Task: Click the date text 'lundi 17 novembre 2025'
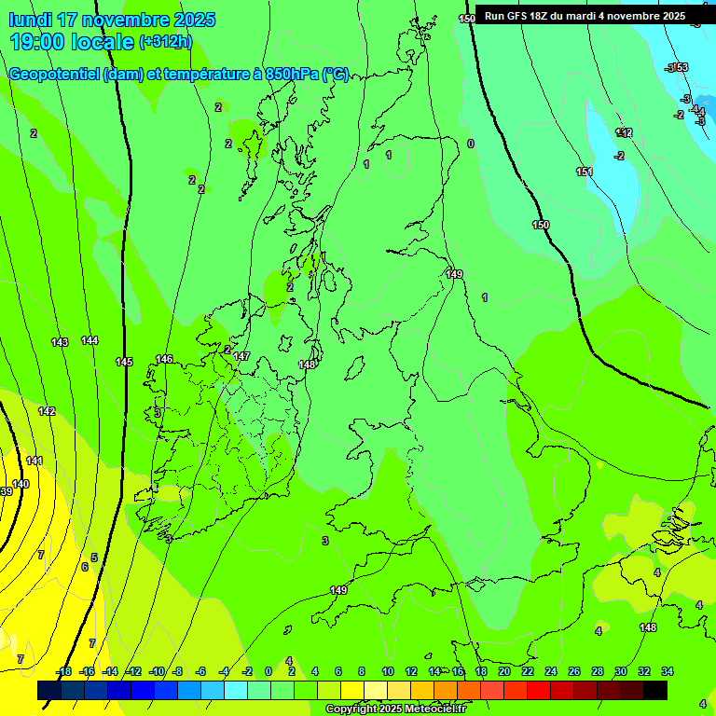pos(112,20)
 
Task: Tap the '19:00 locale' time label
pos(72,41)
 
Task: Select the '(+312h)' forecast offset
pos(166,42)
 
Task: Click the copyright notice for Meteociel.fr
pos(395,709)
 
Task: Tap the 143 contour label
pos(60,342)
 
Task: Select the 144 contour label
pos(89,340)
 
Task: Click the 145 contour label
pos(124,362)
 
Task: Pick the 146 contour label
pos(164,359)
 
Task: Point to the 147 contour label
pos(241,356)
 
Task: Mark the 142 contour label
pos(47,411)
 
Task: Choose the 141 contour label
pos(34,461)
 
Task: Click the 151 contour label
pos(585,172)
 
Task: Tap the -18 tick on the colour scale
pos(63,671)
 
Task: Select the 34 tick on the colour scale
pos(668,671)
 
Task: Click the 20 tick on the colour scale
pos(503,671)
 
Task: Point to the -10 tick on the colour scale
pos(158,671)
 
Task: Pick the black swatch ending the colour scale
pos(655,690)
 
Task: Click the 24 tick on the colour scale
pos(551,671)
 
